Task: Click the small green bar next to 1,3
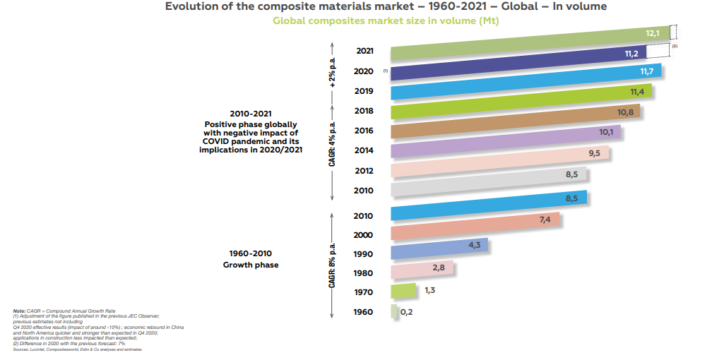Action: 403,291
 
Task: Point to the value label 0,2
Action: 406,312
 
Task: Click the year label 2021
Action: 364,51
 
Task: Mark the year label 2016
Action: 364,131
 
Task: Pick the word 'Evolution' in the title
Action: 189,6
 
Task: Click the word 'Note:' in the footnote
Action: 20,311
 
